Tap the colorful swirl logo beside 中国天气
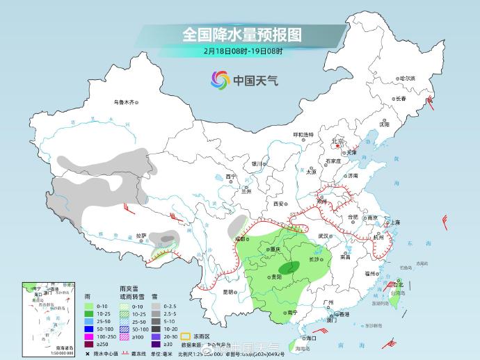[220, 80]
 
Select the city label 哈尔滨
[406, 79]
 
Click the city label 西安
[280, 204]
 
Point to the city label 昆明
[228, 292]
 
